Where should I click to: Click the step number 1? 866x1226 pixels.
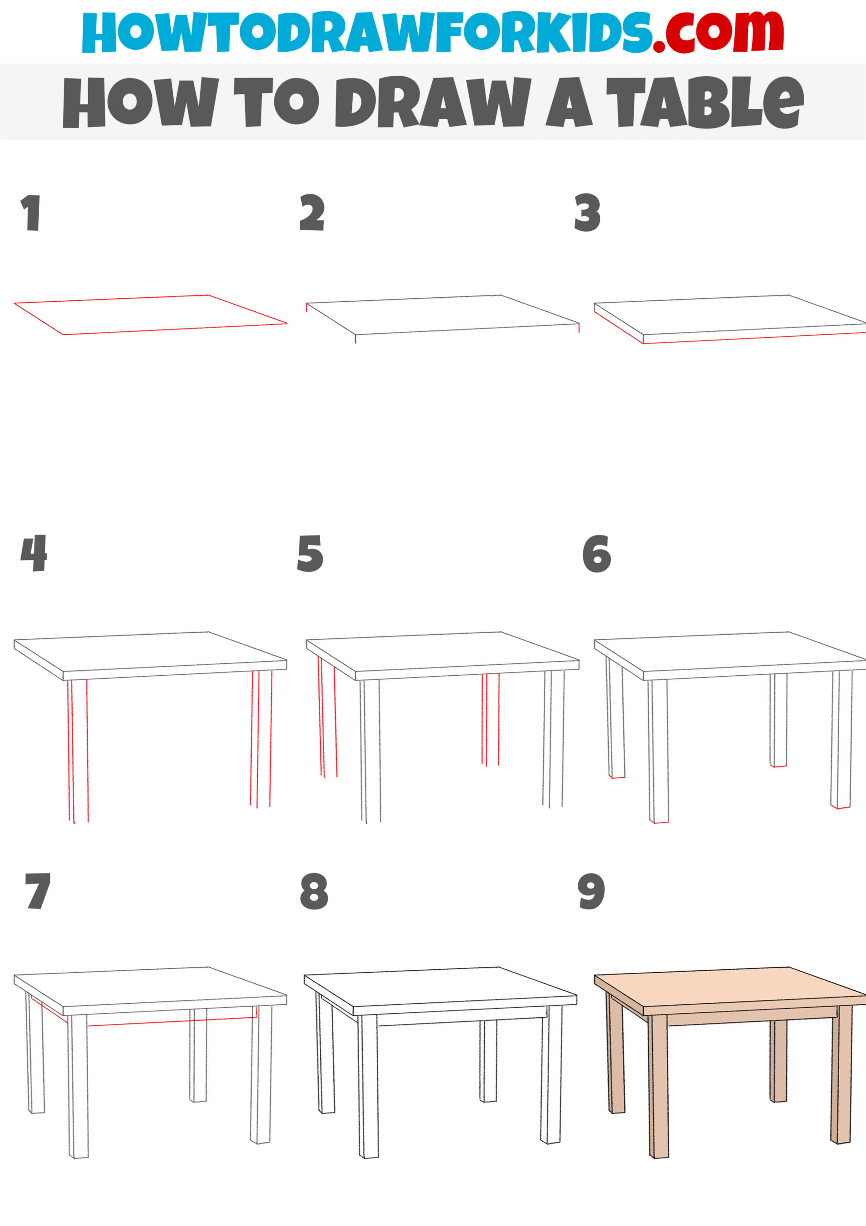pyautogui.click(x=31, y=213)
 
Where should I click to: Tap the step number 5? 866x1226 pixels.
pyautogui.click(x=310, y=554)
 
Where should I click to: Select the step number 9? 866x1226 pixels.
pyautogui.click(x=591, y=891)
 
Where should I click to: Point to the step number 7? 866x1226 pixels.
pyautogui.click(x=37, y=891)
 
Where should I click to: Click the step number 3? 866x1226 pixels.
pyautogui.click(x=587, y=213)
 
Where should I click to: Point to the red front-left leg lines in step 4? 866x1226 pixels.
pyautogui.click(x=78, y=748)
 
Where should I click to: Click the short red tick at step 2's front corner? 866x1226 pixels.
pyautogui.click(x=356, y=339)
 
